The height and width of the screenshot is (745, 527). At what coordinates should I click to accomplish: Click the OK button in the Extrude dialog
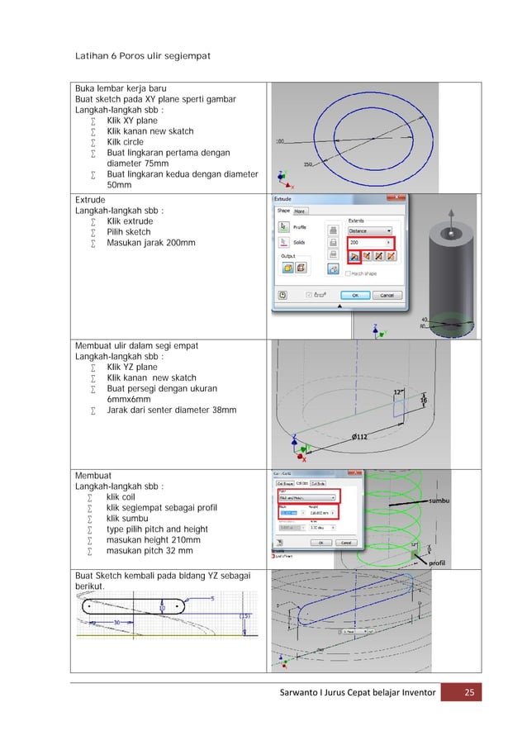click(355, 295)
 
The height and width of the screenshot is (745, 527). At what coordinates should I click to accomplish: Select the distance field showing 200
click(367, 243)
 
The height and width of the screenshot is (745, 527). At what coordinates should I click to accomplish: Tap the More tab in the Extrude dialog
click(299, 211)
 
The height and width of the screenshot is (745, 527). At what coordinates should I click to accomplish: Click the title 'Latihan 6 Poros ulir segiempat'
click(144, 55)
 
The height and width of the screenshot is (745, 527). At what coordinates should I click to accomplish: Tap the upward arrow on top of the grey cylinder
click(450, 215)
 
